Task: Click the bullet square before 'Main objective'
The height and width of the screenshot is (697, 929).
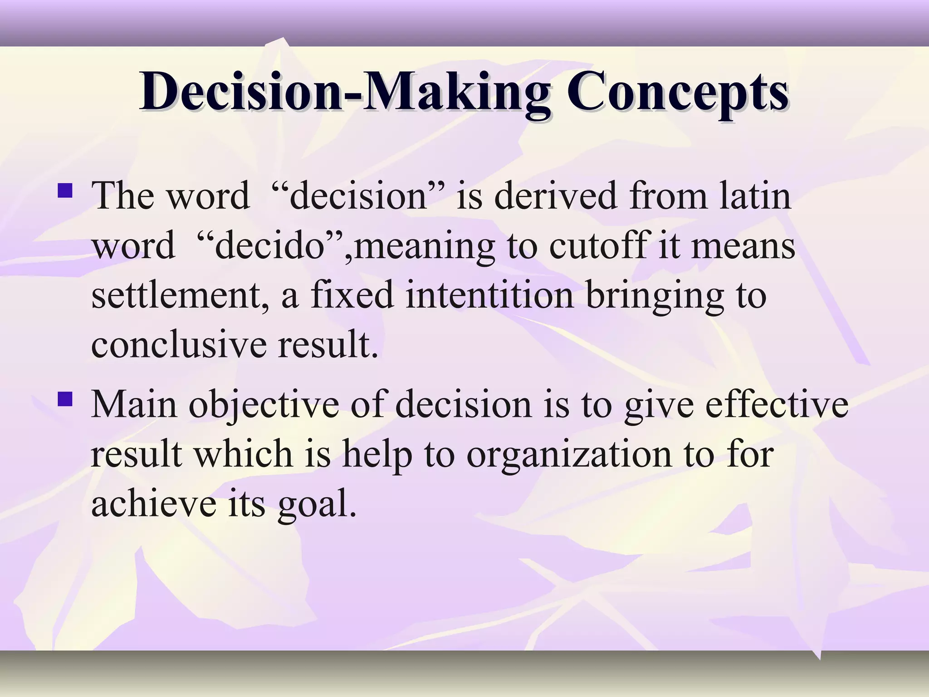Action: tap(65, 399)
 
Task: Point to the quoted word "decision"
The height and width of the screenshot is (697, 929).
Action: tap(358, 196)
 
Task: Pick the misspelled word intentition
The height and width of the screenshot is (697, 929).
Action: tap(489, 296)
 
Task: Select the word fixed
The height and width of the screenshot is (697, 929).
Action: tap(352, 296)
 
